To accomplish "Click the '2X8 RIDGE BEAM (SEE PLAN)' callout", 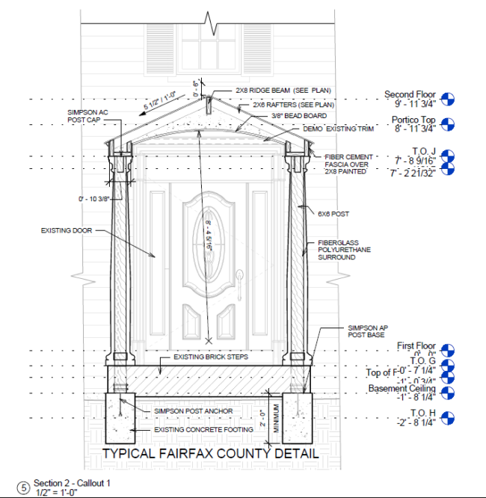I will coord(274,90).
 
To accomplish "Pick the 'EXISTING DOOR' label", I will coord(66,231).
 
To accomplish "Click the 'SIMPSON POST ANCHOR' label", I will coord(193,411).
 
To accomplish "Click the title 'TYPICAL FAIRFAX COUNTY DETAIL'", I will coord(210,454).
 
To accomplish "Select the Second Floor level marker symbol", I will coord(448,99).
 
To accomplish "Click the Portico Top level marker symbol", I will coord(448,124).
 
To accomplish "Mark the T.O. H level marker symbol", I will coord(448,418).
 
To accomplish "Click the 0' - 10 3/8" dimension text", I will coord(94,199).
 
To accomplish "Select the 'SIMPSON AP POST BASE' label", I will coord(366,332).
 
